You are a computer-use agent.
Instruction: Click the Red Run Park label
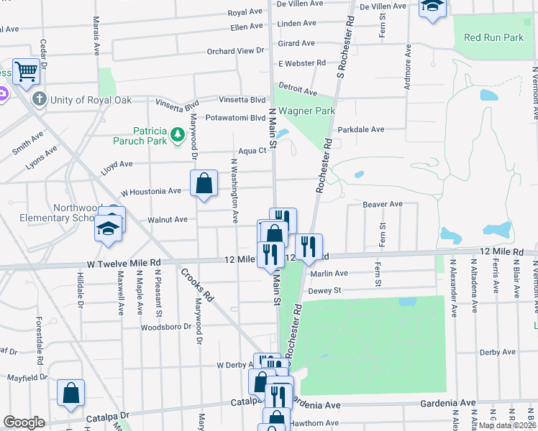coord(493,37)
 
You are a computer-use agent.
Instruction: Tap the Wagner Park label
coord(307,111)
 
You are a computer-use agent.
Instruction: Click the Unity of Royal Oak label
coord(91,100)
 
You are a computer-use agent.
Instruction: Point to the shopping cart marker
coord(26,72)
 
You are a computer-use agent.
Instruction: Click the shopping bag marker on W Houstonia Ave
coord(204,183)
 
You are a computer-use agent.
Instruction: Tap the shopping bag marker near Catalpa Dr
coord(70,393)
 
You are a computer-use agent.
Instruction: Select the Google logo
coord(24,422)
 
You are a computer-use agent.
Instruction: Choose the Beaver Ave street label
coord(383,204)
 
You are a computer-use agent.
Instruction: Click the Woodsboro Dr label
coord(165,326)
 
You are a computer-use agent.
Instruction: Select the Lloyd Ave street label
coord(117,164)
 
